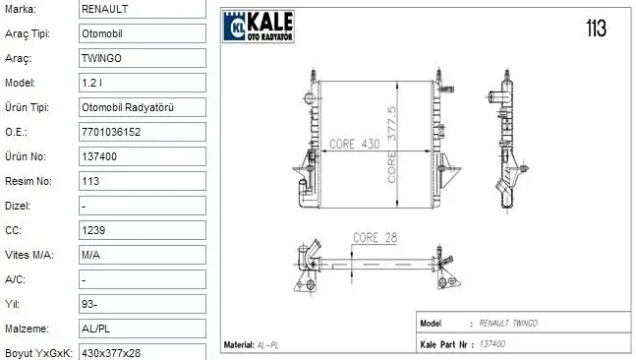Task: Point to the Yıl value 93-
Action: (x=88, y=303)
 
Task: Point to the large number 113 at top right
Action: (x=595, y=28)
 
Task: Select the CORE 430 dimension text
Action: (x=353, y=144)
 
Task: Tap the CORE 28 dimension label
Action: (x=377, y=237)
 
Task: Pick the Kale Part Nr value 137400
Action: (x=491, y=344)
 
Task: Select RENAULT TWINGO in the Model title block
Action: (x=507, y=324)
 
